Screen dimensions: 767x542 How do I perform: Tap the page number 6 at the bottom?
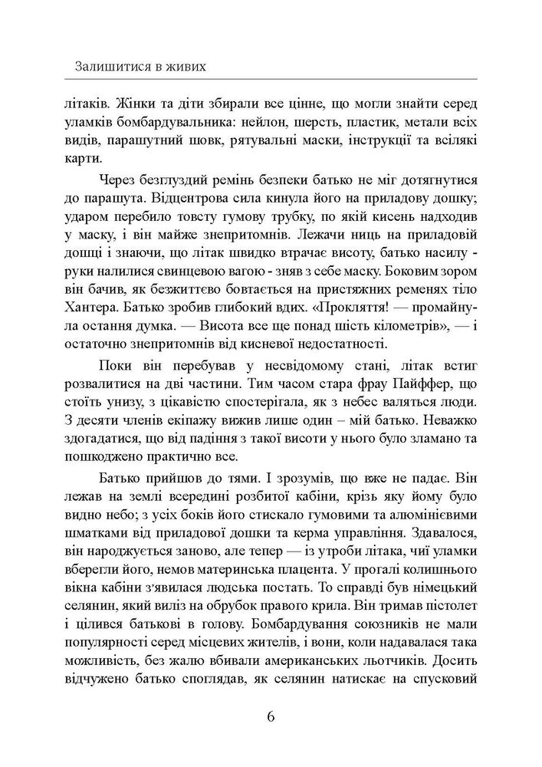[x=271, y=717]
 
